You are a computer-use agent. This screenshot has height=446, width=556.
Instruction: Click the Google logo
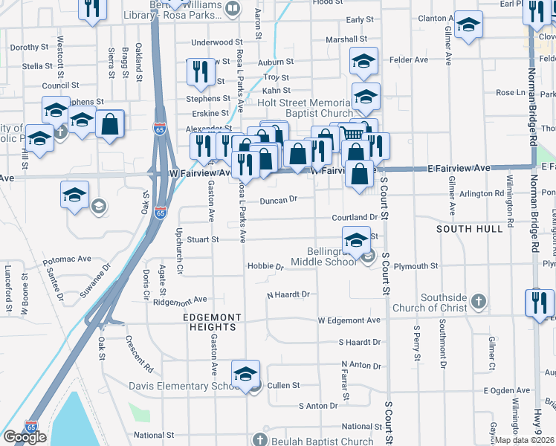[25, 437]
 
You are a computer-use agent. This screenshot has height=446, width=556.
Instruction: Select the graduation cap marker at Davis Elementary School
[245, 375]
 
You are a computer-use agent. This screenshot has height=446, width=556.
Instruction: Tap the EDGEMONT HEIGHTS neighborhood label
[213, 317]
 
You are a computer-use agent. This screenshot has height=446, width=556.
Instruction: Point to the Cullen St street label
[283, 386]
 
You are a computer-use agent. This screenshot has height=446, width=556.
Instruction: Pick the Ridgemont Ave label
[179, 300]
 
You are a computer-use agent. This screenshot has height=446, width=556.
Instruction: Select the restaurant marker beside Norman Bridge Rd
[540, 303]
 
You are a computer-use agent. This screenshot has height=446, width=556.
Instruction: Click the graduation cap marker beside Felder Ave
[363, 62]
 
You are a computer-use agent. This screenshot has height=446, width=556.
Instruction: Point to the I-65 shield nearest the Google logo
[31, 427]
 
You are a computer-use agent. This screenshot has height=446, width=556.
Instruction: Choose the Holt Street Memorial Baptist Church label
[305, 108]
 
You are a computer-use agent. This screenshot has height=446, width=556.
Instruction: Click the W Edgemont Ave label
[349, 320]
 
